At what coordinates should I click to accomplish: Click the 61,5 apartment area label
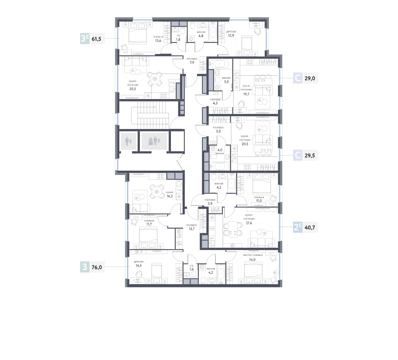pyautogui.click(x=97, y=39)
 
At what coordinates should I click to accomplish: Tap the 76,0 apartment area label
pyautogui.click(x=97, y=267)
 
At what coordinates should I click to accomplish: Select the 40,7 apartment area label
pyautogui.click(x=310, y=227)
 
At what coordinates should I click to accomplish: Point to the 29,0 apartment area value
pyautogui.click(x=310, y=79)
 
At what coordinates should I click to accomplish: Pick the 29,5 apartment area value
pyautogui.click(x=310, y=156)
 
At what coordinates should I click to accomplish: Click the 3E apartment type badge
pyautogui.click(x=85, y=39)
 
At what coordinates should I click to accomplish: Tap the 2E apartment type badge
pyautogui.click(x=298, y=227)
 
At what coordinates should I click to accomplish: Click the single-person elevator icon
pyautogui.click(x=128, y=141)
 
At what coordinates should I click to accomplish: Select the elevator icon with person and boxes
pyautogui.click(x=154, y=141)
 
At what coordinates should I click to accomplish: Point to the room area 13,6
pyautogui.click(x=158, y=40)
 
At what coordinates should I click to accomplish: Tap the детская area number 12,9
pyautogui.click(x=231, y=36)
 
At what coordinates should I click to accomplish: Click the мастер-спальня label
pyautogui.click(x=253, y=255)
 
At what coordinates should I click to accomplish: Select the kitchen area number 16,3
pyautogui.click(x=170, y=196)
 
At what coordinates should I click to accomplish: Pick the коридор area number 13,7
pyautogui.click(x=191, y=229)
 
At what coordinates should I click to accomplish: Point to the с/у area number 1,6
pyautogui.click(x=192, y=269)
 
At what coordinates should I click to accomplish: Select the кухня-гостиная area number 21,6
pyautogui.click(x=249, y=223)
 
